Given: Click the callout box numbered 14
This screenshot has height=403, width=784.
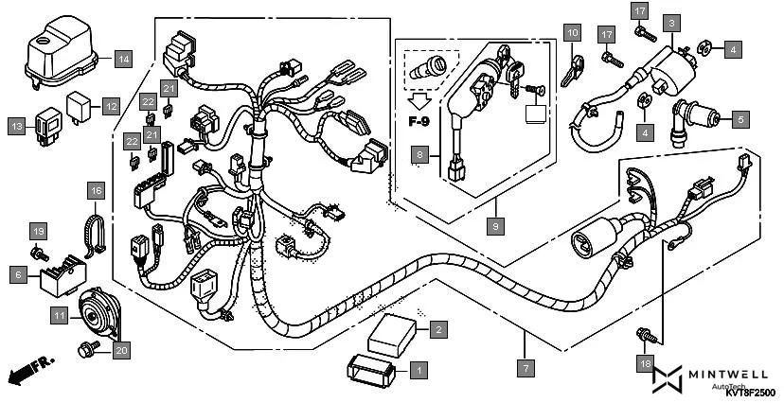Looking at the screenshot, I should point(124,58).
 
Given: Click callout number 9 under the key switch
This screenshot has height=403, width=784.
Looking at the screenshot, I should point(493,226).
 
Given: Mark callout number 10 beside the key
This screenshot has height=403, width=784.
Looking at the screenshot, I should point(571,33).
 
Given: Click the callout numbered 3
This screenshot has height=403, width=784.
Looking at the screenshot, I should point(671,22).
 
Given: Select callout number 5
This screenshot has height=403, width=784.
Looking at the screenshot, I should point(741,119).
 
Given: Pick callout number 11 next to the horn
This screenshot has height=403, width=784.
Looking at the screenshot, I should point(60,314).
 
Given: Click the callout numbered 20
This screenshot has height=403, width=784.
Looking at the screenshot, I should point(120,350).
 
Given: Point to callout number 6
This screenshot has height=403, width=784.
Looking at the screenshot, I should point(19,274).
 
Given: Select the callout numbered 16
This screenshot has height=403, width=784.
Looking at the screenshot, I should point(96,190).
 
